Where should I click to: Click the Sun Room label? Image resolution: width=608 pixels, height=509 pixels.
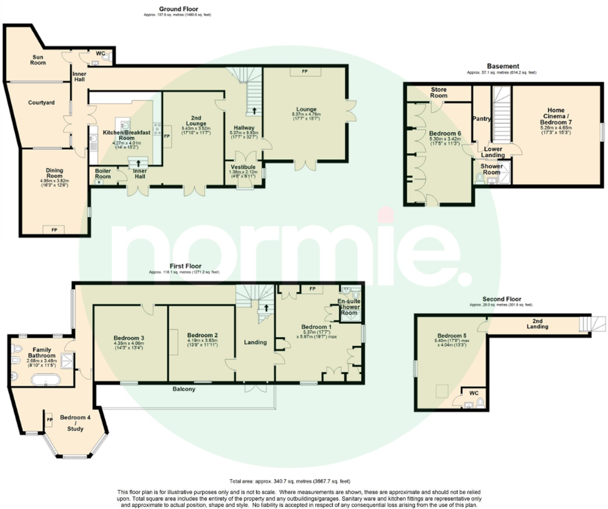pyautogui.click(x=38, y=60)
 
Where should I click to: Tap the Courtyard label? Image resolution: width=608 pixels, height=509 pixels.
pyautogui.click(x=41, y=103)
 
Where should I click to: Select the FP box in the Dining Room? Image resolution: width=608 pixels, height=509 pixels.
pyautogui.click(x=54, y=230)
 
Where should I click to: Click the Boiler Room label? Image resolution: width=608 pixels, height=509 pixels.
pyautogui.click(x=103, y=173)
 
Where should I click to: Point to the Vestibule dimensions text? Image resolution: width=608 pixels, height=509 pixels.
pyautogui.click(x=243, y=174)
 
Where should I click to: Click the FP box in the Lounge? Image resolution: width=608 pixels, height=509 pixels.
pyautogui.click(x=305, y=72)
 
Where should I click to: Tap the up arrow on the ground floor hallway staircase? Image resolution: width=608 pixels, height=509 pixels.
pyautogui.click(x=254, y=111)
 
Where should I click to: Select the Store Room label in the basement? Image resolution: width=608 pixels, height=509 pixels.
pyautogui.click(x=438, y=92)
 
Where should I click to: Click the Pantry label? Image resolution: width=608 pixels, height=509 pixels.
pyautogui.click(x=481, y=119)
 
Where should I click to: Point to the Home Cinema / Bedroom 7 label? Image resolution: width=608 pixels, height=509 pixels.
pyautogui.click(x=556, y=116)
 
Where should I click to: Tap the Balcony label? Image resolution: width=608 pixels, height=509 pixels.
pyautogui.click(x=184, y=389)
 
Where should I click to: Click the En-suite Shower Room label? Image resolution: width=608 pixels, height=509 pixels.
pyautogui.click(x=349, y=307)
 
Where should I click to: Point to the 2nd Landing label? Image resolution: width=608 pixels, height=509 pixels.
pyautogui.click(x=537, y=324)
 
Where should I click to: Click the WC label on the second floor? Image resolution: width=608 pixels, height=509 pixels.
pyautogui.click(x=473, y=393)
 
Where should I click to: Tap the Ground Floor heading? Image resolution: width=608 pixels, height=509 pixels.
pyautogui.click(x=179, y=9)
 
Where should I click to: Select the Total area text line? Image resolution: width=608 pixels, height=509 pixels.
pyautogui.click(x=290, y=481)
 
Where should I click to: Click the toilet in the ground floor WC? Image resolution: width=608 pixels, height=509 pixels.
pyautogui.click(x=107, y=57)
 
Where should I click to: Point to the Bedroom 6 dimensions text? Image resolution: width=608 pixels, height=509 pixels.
pyautogui.click(x=445, y=141)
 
